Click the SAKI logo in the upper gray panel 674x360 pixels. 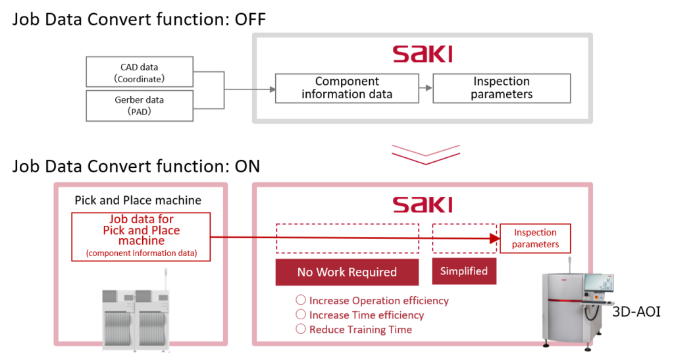pyautogui.click(x=422, y=58)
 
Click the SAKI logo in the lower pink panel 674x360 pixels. pyautogui.click(x=422, y=205)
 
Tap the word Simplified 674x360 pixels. pyautogui.click(x=464, y=271)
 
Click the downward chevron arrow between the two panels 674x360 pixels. pyautogui.click(x=425, y=152)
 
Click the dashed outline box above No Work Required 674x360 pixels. pyautogui.click(x=348, y=230)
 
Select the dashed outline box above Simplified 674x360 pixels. pyautogui.click(x=463, y=230)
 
